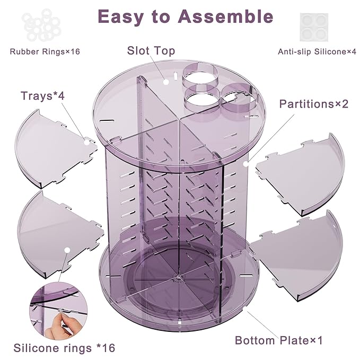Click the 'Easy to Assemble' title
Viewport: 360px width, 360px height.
185,16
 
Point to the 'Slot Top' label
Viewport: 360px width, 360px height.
151,51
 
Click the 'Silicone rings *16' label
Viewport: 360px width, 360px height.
64,348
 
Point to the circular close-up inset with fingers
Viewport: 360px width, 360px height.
59,310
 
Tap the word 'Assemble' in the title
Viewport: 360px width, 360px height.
225,16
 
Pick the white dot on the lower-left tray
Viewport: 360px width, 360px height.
67,250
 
